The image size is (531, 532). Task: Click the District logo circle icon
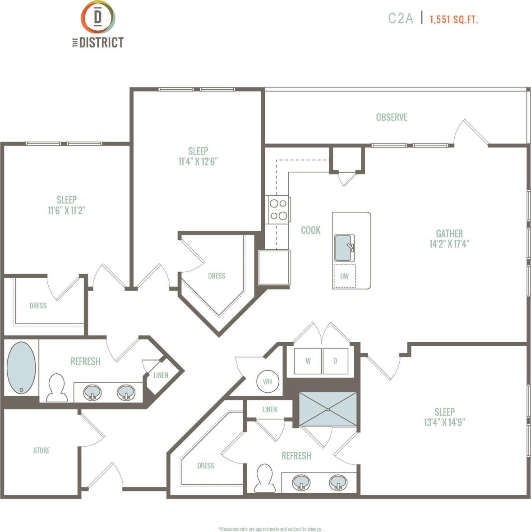(97, 17)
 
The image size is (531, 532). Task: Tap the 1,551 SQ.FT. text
(453, 19)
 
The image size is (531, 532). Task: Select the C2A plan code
(400, 18)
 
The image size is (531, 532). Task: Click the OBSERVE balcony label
(392, 117)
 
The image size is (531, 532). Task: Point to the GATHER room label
(449, 234)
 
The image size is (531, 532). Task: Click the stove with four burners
(278, 210)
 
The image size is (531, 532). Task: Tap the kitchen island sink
(345, 248)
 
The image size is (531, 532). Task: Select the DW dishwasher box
(345, 276)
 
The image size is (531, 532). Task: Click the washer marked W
(308, 361)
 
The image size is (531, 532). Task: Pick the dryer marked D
(335, 361)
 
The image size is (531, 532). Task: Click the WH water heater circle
(268, 381)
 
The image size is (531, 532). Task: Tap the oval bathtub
(21, 368)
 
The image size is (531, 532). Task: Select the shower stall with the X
(328, 409)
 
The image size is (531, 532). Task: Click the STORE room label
(42, 450)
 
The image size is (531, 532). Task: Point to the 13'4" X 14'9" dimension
(444, 422)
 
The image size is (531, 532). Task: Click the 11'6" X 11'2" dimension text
(67, 210)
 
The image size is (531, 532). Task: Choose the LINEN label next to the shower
(270, 409)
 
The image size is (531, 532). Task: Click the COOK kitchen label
(311, 230)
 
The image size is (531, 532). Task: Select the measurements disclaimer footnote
(270, 529)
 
